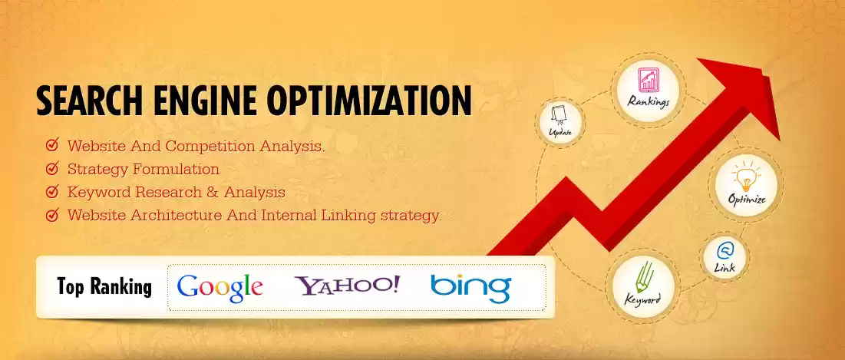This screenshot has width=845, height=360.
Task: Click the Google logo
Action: [x=220, y=289]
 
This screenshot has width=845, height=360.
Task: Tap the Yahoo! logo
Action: [x=347, y=285]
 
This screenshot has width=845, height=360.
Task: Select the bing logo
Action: [x=470, y=288]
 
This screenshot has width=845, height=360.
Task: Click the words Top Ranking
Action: [x=104, y=287]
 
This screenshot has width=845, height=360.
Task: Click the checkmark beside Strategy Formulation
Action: [x=52, y=169]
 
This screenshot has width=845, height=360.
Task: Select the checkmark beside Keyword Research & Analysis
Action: [x=52, y=192]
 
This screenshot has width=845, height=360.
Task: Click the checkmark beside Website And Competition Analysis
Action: [x=52, y=145]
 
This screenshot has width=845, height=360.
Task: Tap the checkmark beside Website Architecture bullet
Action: [x=52, y=216]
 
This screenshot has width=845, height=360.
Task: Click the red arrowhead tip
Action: [x=779, y=140]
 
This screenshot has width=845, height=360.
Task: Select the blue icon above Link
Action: [x=725, y=251]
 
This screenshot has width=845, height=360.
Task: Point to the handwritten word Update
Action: [x=560, y=131]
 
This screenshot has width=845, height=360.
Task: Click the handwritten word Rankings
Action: [x=649, y=102]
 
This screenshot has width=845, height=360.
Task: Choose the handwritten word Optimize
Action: [x=747, y=200]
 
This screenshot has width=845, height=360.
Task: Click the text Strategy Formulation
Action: [x=144, y=169]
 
